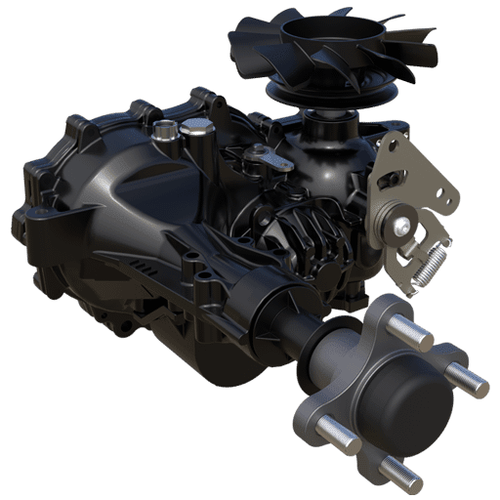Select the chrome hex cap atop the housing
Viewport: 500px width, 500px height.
tap(197, 126)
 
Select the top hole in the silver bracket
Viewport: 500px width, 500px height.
tap(396, 146)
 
